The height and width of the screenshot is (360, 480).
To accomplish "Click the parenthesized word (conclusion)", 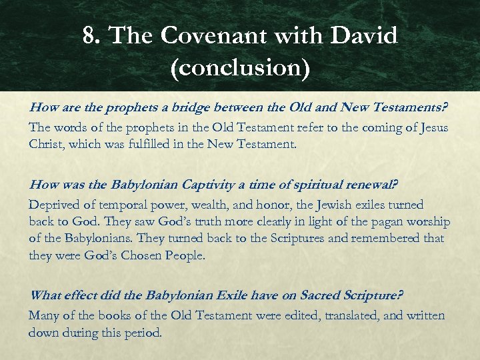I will (240, 69).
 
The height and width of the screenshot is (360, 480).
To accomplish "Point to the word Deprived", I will (53, 205).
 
